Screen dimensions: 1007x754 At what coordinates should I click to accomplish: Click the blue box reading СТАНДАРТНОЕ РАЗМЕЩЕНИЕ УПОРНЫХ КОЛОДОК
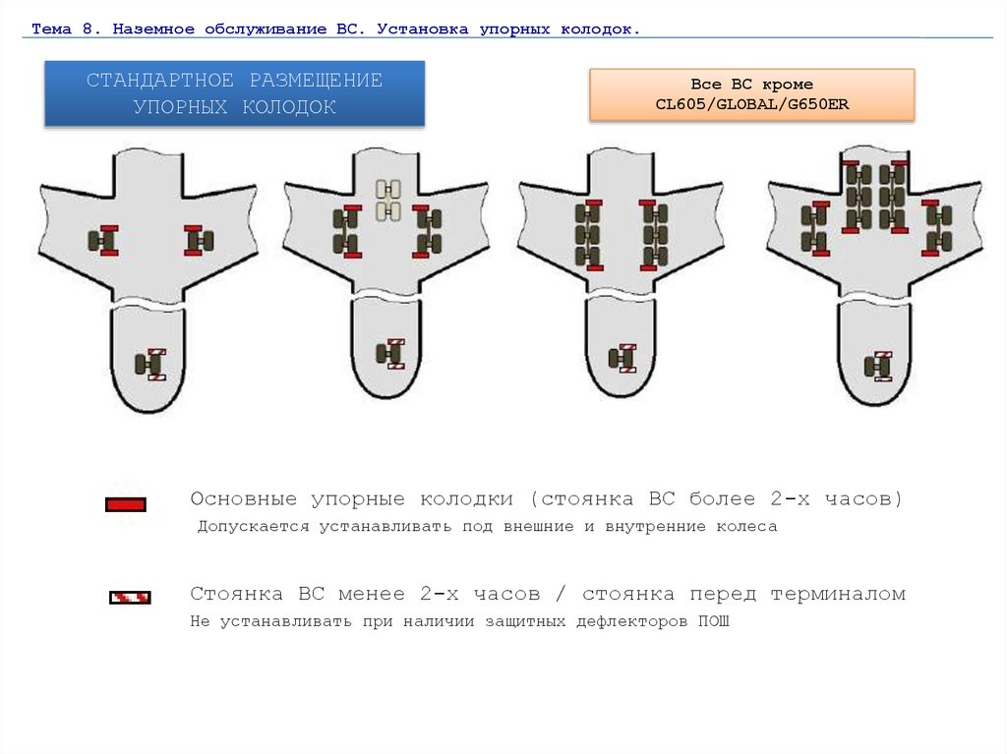click(x=234, y=93)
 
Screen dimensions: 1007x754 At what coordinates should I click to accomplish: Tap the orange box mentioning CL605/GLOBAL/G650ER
click(x=752, y=94)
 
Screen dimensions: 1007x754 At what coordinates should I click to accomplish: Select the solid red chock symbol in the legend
click(x=126, y=505)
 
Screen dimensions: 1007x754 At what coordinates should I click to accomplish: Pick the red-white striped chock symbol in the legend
click(x=130, y=598)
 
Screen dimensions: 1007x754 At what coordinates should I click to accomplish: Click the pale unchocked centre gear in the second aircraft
click(x=388, y=201)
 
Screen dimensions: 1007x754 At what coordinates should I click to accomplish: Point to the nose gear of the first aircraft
click(x=150, y=365)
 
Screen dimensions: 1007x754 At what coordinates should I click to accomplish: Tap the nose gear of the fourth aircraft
click(x=878, y=366)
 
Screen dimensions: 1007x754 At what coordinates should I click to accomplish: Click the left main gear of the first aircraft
click(x=103, y=241)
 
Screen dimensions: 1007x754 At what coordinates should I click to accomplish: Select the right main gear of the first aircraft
click(x=199, y=241)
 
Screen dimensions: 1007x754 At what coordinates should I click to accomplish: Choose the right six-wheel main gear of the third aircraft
click(x=653, y=235)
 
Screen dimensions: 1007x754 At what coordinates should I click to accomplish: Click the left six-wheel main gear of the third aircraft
click(x=589, y=235)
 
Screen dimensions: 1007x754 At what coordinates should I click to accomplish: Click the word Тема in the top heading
click(x=51, y=29)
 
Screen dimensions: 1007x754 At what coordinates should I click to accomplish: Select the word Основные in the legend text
click(x=244, y=499)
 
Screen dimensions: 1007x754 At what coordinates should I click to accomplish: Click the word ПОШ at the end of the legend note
click(x=714, y=621)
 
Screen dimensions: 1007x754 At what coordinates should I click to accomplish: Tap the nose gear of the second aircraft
click(x=390, y=354)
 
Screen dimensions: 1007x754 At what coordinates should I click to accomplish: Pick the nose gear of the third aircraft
click(x=622, y=359)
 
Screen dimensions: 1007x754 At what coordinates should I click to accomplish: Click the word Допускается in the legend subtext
click(x=253, y=527)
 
